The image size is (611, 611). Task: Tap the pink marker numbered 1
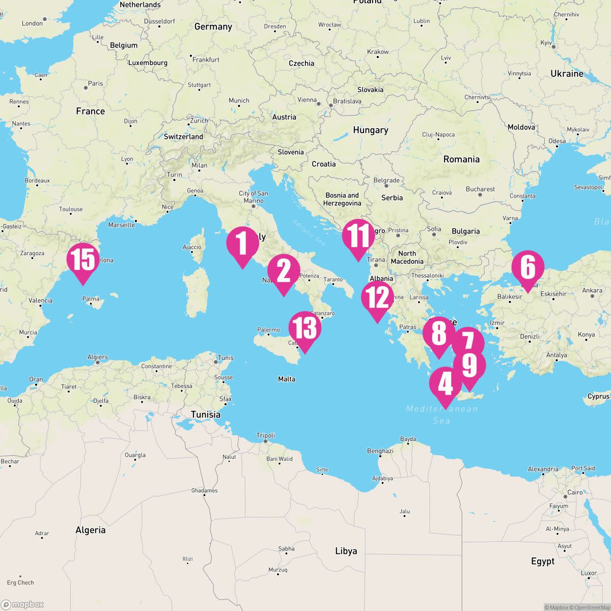click(x=242, y=243)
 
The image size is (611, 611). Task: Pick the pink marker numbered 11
click(x=358, y=236)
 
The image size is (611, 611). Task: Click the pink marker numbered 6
click(x=528, y=267)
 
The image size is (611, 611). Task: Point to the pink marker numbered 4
click(x=446, y=384)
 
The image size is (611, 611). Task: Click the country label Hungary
click(x=370, y=130)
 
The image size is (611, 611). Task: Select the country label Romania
click(x=461, y=159)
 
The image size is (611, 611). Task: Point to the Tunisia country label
click(x=206, y=414)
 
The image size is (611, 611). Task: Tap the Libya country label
click(x=346, y=551)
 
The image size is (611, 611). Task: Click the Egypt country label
click(x=543, y=561)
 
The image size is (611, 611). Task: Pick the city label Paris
click(x=95, y=84)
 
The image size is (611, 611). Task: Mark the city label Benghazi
click(x=380, y=451)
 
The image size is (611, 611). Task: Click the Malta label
click(x=287, y=379)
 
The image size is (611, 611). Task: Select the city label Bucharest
click(x=480, y=189)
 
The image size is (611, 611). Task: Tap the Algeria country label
click(x=91, y=530)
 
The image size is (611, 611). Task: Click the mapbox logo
click(x=23, y=604)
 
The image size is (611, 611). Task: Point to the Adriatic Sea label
click(x=309, y=230)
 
